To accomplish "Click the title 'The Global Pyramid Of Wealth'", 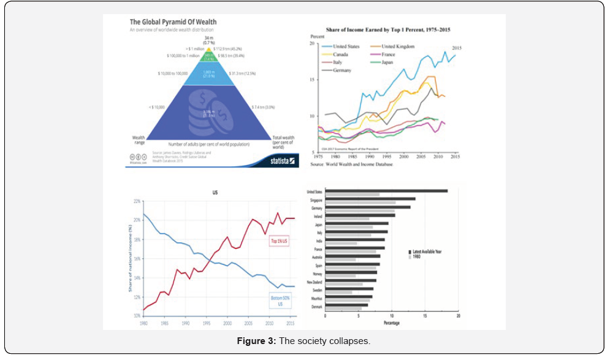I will point(172,22).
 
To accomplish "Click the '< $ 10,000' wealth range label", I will point(158,107).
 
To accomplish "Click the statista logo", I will point(283,161).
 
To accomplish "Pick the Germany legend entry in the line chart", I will point(341,71).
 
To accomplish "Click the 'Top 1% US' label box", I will point(281,241).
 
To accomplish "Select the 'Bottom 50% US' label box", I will point(281,301).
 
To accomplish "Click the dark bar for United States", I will point(386,191).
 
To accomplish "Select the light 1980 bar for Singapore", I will point(360,202).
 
